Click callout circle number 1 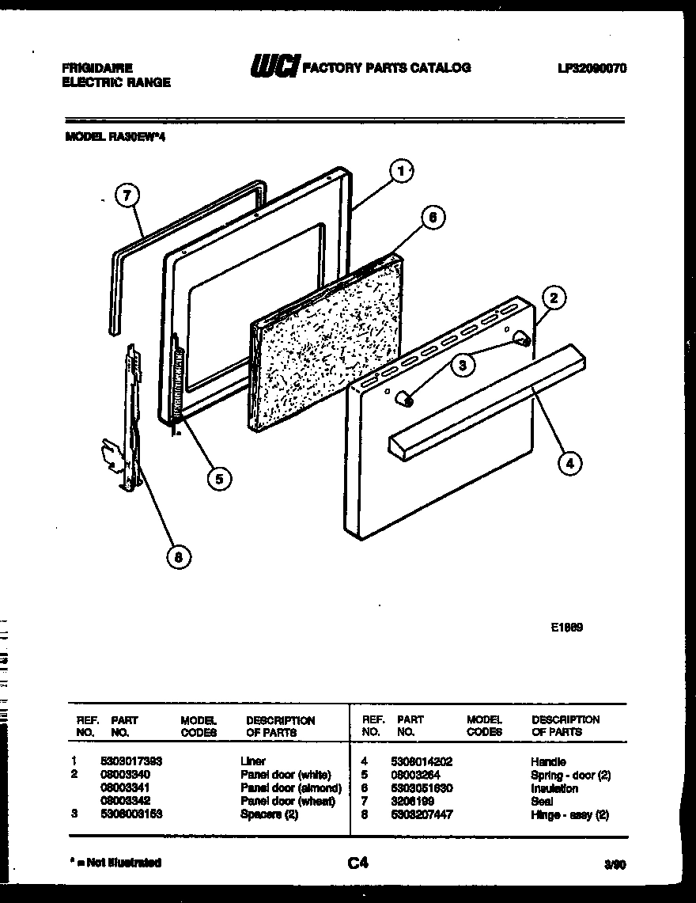click(x=402, y=170)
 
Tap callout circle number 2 click(x=554, y=298)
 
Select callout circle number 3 click(x=464, y=365)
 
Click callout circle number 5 click(x=219, y=478)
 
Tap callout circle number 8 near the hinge click(x=179, y=557)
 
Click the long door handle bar click(x=486, y=404)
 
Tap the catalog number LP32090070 click(x=592, y=69)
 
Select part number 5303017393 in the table click(x=131, y=761)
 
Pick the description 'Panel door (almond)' click(x=290, y=788)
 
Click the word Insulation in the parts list click(x=554, y=788)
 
